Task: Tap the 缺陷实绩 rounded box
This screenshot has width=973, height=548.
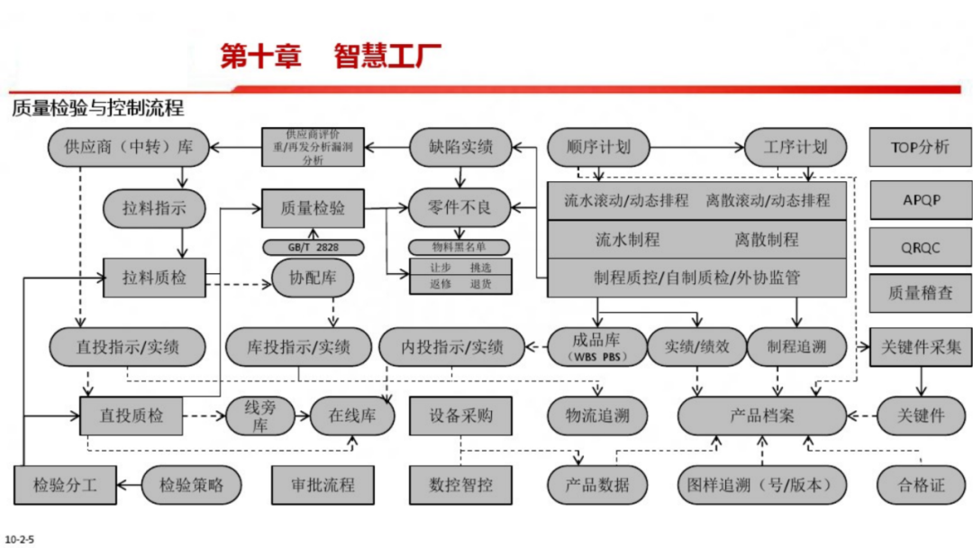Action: [x=460, y=147]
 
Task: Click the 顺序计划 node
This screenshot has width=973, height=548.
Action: [x=598, y=147]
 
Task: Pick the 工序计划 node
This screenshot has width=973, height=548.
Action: [x=794, y=147]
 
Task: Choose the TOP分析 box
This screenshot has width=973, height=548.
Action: [x=920, y=147]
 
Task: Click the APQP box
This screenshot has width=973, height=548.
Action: [x=920, y=200]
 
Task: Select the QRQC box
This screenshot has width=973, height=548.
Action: [x=920, y=247]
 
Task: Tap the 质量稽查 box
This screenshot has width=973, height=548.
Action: [x=920, y=292]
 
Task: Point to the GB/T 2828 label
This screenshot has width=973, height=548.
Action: [x=313, y=247]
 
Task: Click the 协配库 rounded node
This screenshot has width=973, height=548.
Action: [x=313, y=278]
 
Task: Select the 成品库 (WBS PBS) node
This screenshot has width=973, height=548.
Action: [x=596, y=346]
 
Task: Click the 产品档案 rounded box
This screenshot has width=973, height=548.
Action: [x=761, y=416]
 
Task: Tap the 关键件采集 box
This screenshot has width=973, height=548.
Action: [x=920, y=346]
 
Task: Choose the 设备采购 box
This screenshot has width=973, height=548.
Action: [x=460, y=416]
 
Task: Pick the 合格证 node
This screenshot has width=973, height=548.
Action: [x=920, y=485]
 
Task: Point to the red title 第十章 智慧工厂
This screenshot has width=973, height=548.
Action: [x=331, y=57]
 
